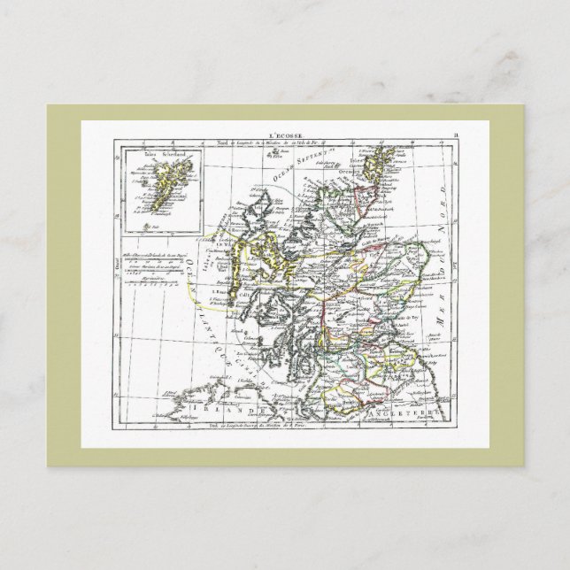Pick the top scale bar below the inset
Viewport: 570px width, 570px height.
[x=156, y=248]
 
